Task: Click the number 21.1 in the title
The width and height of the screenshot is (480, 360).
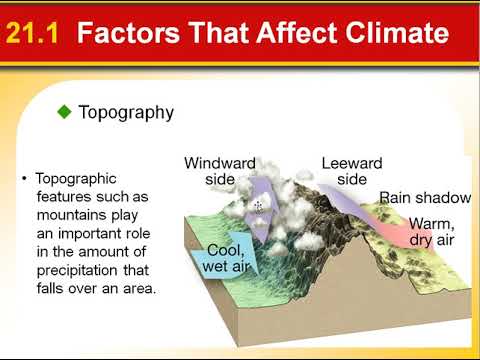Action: [33, 35]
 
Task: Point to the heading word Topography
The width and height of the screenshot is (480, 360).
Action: [125, 113]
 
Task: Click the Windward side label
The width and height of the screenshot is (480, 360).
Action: [219, 170]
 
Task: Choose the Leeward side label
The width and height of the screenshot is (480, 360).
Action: [351, 170]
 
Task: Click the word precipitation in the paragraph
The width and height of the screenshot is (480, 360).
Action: [77, 272]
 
